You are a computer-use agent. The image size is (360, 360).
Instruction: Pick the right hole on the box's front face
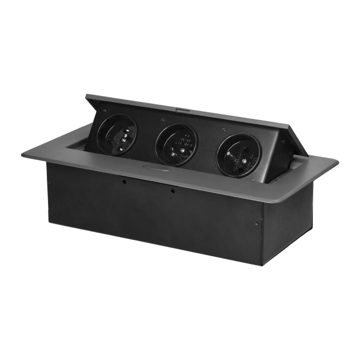pyautogui.click(x=172, y=192)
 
